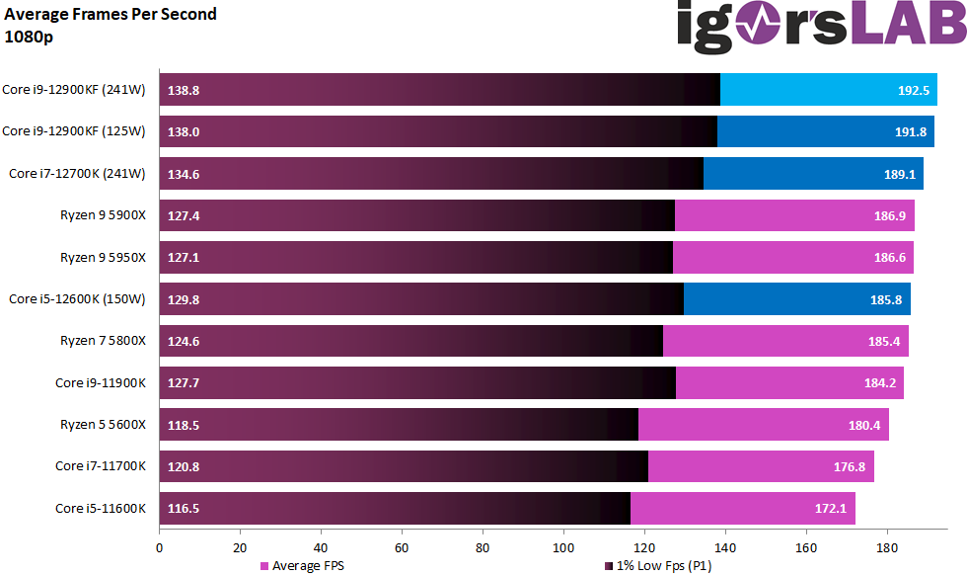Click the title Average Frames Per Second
(111, 14)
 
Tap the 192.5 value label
(914, 90)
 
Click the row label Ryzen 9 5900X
(103, 215)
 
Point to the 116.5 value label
(185, 509)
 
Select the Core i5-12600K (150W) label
(77, 299)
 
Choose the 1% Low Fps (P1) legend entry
(657, 566)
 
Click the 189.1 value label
(901, 174)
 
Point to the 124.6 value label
(185, 341)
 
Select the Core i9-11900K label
(101, 383)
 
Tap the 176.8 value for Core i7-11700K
(851, 466)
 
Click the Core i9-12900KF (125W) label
(74, 131)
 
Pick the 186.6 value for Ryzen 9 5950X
(890, 257)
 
